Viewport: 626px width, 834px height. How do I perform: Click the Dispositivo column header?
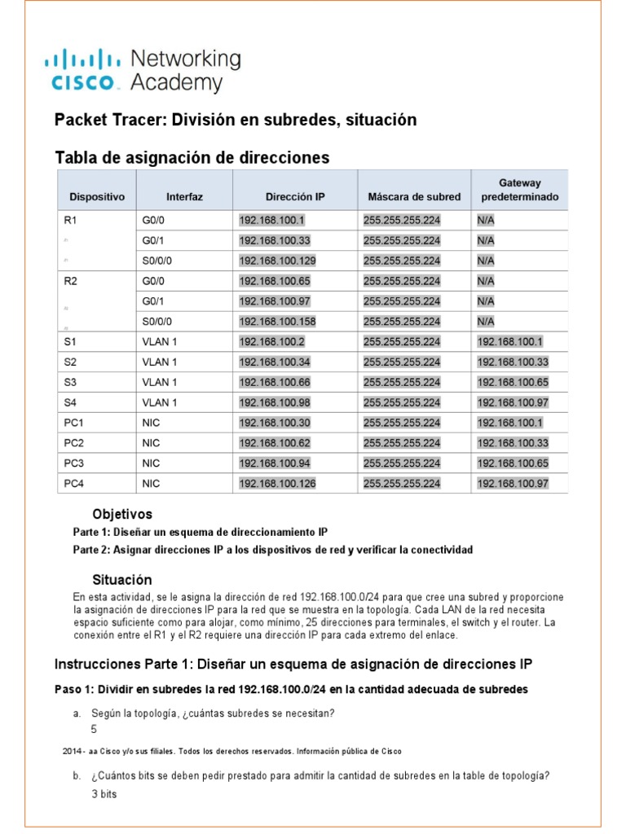pyautogui.click(x=97, y=197)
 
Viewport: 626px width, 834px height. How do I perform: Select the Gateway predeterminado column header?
pyautogui.click(x=520, y=191)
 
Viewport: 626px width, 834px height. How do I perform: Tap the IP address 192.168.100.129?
pyautogui.click(x=277, y=261)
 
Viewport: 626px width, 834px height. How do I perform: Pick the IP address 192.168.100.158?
pyautogui.click(x=277, y=322)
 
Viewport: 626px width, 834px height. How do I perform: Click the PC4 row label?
pyautogui.click(x=74, y=484)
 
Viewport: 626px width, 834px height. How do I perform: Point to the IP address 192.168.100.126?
pyautogui.click(x=277, y=484)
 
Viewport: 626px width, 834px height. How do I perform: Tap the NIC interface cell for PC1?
pyautogui.click(x=151, y=423)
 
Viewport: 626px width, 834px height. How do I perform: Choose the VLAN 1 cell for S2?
pyautogui.click(x=160, y=362)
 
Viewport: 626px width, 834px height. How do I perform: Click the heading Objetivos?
pyautogui.click(x=122, y=515)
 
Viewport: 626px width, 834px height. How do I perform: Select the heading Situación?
pyautogui.click(x=122, y=580)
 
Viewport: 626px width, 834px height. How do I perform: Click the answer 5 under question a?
pyautogui.click(x=95, y=730)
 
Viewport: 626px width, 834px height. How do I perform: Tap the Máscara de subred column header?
pyautogui.click(x=414, y=197)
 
